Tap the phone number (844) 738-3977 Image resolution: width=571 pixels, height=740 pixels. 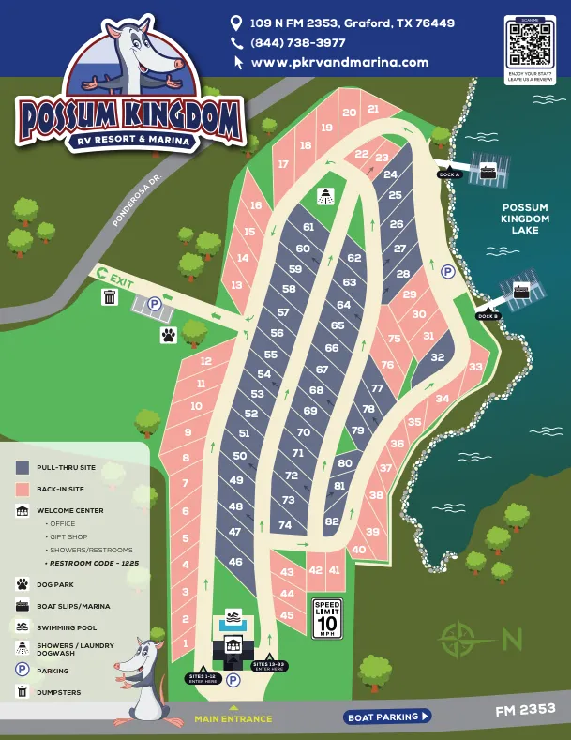pos(297,43)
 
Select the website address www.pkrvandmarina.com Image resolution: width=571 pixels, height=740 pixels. pos(339,63)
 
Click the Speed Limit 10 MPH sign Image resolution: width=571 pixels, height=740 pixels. pos(327,619)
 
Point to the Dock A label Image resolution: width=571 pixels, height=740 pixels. pos(449,174)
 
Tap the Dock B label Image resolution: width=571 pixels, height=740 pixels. pos(488,316)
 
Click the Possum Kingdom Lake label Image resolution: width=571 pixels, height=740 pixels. pos(525,219)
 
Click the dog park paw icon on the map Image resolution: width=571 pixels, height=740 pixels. pos(168,334)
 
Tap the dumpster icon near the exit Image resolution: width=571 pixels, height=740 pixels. pos(110,297)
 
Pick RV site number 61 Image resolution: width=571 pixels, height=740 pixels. pos(308,227)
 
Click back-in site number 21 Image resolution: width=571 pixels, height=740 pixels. pos(373,109)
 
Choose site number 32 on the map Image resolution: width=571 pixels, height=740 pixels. pos(437,357)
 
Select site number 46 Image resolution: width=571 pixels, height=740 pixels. pos(235,563)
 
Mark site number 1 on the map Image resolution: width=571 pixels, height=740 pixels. pos(186,642)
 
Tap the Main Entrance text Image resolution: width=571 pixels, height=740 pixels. pos(233,719)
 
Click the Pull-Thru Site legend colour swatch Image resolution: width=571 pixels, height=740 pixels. pos(23,466)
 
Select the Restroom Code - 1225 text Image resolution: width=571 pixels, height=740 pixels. pos(93,564)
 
